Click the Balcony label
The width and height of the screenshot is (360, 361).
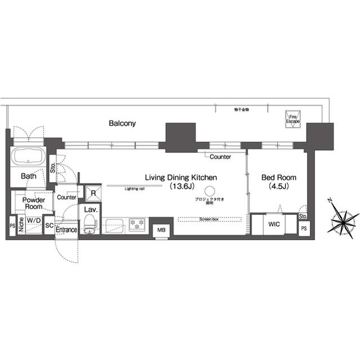122,123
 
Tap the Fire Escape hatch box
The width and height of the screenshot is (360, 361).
292,118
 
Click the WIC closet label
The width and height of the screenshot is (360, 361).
274,224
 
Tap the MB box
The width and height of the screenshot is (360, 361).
162,230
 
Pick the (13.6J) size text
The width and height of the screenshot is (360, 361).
181,186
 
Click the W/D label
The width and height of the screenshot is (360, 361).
33,220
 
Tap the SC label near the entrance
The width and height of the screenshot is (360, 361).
48,224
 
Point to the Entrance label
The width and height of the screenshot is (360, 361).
66,230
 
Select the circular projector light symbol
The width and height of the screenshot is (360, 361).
210,191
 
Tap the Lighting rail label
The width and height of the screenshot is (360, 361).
134,189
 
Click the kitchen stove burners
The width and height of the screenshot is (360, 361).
137,224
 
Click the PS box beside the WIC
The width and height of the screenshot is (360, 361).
304,228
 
